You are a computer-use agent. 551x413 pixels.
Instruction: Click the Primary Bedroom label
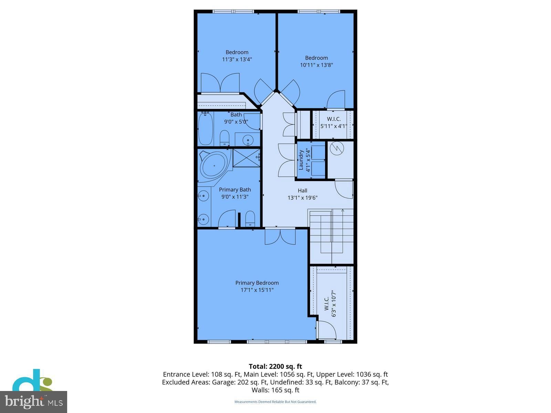click(257, 283)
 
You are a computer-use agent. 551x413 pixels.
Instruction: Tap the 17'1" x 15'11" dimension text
click(257, 290)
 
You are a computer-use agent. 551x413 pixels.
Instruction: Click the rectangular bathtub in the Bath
click(206, 129)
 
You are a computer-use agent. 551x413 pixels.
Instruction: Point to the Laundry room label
click(301, 160)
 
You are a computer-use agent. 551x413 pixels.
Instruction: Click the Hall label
click(302, 191)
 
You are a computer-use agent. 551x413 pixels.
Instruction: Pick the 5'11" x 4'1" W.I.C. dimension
click(333, 126)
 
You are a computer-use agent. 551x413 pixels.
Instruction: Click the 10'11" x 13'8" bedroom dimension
click(316, 65)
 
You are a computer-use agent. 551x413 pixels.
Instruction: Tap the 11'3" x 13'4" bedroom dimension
click(237, 59)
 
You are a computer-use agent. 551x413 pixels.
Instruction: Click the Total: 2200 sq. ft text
click(275, 367)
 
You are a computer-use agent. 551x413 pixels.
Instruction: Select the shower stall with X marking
click(246, 158)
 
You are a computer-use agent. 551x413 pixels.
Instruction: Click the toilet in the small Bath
click(225, 138)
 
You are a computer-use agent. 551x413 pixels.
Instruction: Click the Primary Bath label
click(235, 190)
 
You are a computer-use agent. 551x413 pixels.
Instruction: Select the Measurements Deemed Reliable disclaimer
click(275, 402)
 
